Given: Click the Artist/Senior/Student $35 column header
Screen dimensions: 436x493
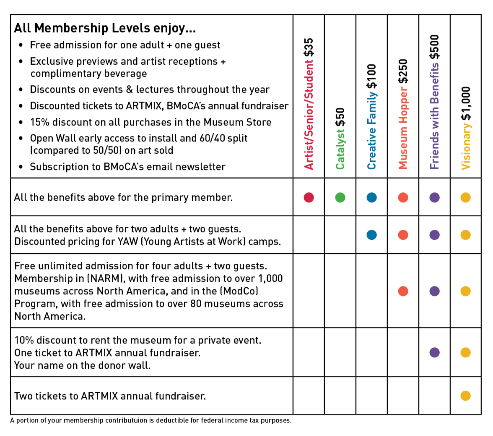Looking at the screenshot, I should (309, 103).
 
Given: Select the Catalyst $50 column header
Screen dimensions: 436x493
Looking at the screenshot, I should (340, 138).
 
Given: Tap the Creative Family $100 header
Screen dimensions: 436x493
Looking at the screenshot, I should (371, 116).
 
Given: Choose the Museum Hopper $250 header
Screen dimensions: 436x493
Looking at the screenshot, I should (403, 114).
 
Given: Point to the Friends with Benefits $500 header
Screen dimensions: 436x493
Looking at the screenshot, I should (434, 102).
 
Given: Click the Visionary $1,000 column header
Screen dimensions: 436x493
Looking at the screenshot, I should (466, 128).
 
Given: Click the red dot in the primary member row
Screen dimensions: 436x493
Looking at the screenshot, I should (309, 197).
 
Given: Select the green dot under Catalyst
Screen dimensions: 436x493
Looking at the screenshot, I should (340, 197).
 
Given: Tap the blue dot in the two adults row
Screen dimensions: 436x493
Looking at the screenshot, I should (371, 235).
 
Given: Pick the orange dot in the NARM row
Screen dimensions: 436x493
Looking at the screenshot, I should (403, 291).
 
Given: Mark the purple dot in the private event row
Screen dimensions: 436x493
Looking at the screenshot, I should (434, 352).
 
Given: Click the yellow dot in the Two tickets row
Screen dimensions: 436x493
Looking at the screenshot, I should (465, 396).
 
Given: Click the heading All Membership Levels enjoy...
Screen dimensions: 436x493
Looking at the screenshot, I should (105, 28).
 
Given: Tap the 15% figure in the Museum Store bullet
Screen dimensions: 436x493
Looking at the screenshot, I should (39, 122).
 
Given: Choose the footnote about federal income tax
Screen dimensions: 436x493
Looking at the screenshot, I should (151, 420).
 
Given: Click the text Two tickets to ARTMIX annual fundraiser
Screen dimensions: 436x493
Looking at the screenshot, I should (110, 396).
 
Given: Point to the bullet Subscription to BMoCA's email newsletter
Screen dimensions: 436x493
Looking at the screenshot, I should (127, 167).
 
